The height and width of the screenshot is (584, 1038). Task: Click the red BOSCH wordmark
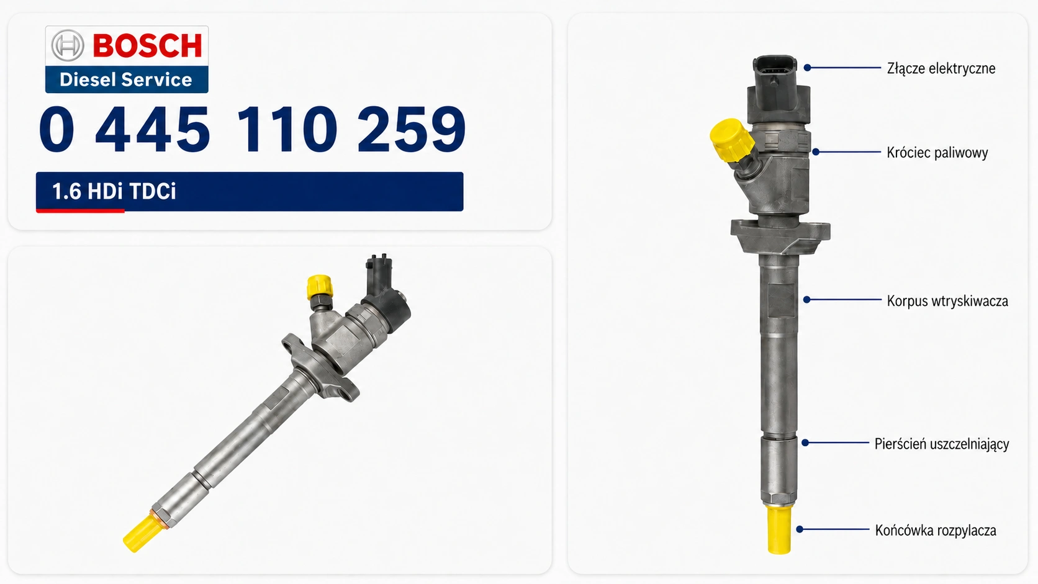147,45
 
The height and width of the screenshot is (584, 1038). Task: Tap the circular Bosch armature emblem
68,45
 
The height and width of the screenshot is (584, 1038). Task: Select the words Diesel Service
125,79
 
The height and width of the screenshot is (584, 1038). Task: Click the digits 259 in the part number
412,128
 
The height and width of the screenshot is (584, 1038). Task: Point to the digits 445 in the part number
153,128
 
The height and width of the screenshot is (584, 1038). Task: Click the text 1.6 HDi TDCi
114,191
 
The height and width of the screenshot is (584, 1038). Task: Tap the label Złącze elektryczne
941,68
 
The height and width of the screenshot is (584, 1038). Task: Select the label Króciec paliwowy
937,153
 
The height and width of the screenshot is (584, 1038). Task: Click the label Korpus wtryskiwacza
947,301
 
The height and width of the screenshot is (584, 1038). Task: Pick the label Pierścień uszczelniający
942,444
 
